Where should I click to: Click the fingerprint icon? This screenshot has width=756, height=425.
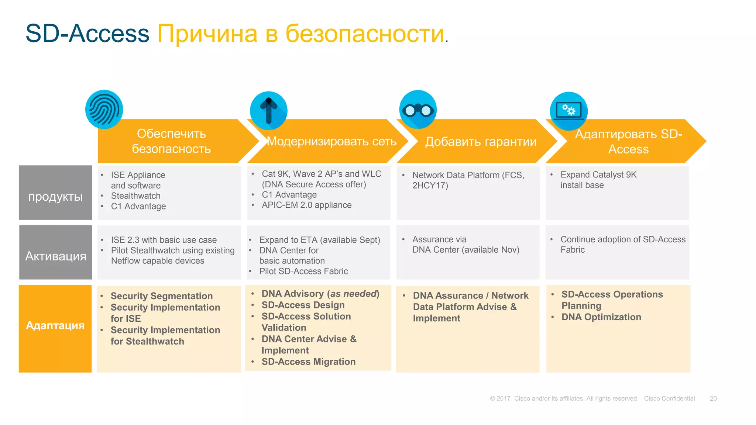coord(104,109)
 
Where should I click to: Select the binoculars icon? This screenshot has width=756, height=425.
coord(418,110)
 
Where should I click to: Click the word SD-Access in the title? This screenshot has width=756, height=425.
coord(87,34)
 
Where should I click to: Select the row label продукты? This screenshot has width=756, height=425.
coord(55,197)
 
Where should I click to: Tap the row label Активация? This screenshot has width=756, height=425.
coord(56,256)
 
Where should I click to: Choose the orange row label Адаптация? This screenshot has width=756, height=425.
coord(55,325)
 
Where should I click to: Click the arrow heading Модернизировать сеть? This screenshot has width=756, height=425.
coord(331,141)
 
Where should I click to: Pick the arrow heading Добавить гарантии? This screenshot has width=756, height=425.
coord(481,142)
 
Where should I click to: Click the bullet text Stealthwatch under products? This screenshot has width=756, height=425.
coord(135,196)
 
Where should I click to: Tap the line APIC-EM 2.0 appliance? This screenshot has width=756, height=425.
coord(306,205)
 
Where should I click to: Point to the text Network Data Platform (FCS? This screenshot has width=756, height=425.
coord(468,175)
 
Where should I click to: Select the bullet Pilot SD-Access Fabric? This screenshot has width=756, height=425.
coord(303,272)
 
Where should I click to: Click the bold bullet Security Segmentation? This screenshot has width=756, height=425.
coord(162,296)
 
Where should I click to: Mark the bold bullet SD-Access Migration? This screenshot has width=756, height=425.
coord(309,362)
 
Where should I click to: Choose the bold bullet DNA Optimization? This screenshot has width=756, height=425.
coord(601,317)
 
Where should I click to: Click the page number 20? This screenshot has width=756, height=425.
coord(713,398)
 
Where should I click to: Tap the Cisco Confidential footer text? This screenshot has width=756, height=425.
coord(669,398)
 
